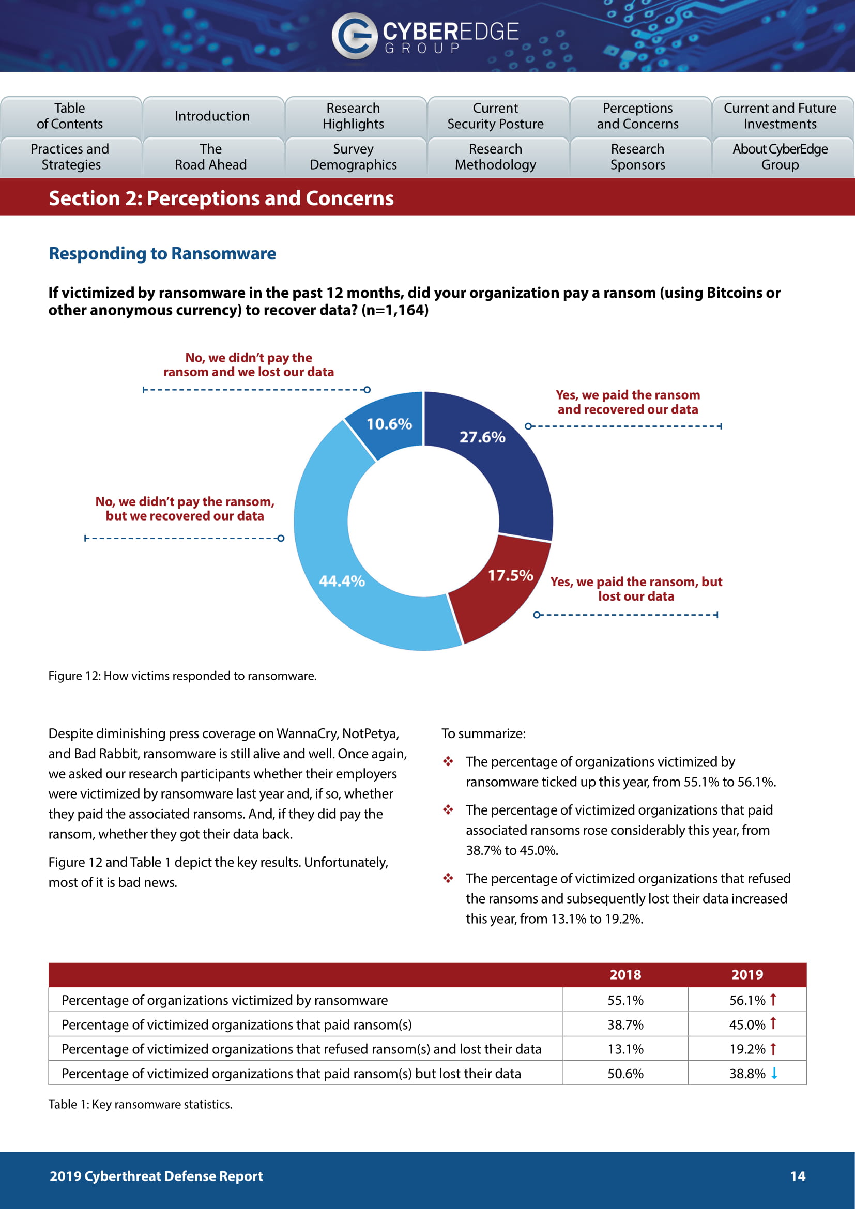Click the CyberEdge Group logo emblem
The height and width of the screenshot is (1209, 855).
(x=354, y=35)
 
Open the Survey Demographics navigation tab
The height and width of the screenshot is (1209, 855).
(x=353, y=157)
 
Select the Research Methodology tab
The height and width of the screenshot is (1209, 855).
(x=495, y=157)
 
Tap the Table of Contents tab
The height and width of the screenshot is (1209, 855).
(x=70, y=116)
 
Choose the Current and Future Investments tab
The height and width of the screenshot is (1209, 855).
(x=780, y=116)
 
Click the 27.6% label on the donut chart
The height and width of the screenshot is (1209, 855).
(x=482, y=437)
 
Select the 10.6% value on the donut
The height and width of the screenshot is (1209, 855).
(x=389, y=424)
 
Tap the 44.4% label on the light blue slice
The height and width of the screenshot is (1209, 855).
(x=342, y=581)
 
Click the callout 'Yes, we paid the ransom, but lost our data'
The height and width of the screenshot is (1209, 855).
(x=636, y=589)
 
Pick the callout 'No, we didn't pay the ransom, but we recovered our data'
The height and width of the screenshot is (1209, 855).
(x=185, y=509)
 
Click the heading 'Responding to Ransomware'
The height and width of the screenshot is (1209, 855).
(x=162, y=254)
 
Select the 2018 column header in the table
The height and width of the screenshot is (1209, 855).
(x=625, y=975)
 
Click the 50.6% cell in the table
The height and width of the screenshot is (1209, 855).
(x=625, y=1074)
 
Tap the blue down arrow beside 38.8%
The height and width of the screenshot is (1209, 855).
(x=774, y=1073)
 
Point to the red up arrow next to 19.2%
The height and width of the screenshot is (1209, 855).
(x=773, y=1049)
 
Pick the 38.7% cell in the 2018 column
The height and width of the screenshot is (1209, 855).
(x=625, y=1024)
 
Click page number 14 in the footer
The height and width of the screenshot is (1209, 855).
(x=797, y=1176)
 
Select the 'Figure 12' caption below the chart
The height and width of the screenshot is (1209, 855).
(x=182, y=676)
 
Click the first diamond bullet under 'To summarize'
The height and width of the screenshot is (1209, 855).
(x=448, y=761)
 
